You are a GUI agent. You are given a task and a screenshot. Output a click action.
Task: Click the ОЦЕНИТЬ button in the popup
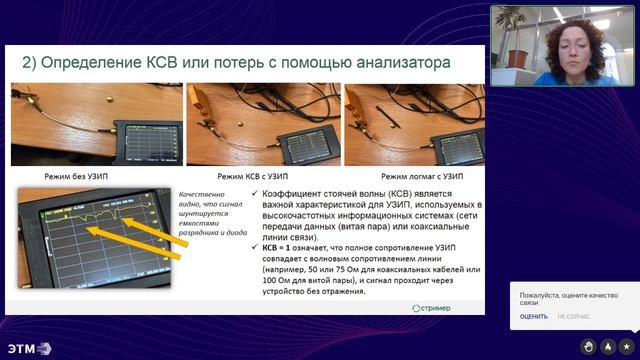pos(533,316)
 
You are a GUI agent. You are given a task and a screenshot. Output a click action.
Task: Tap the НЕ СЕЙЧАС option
pos(573,316)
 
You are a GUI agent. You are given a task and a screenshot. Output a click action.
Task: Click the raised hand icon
pos(608,346)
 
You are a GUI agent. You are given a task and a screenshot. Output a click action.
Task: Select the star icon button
pos(626,346)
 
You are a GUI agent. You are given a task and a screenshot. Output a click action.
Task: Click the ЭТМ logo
pos(28,348)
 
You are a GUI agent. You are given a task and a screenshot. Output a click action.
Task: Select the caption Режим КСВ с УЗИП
pos(255,174)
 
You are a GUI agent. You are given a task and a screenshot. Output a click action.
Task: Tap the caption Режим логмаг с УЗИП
pos(411,174)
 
